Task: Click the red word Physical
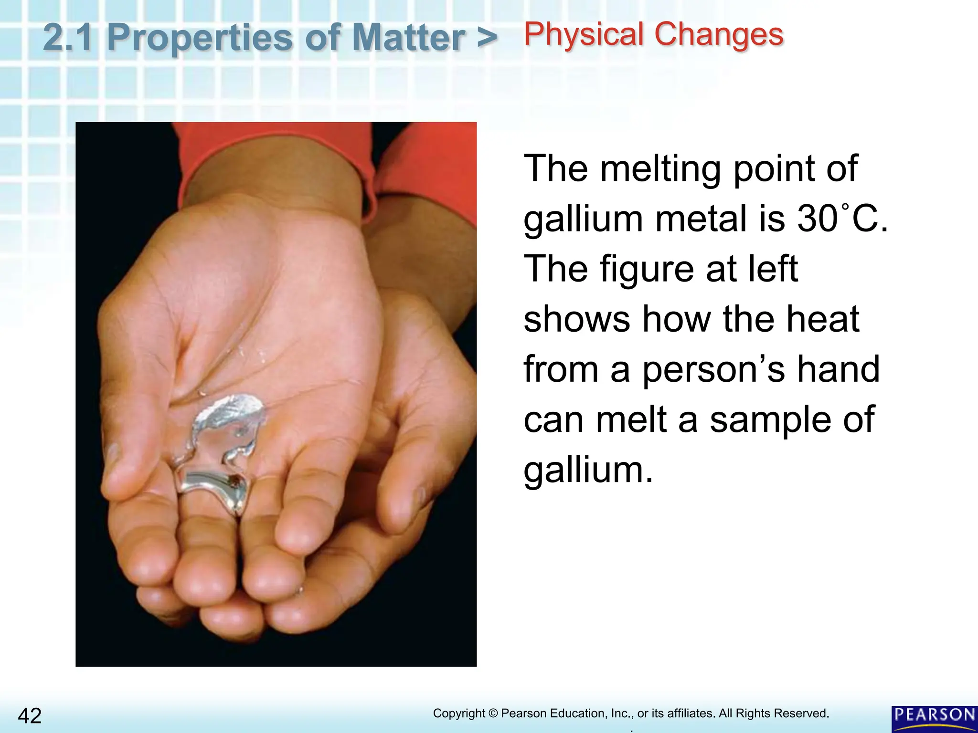coord(583,34)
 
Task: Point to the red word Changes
coord(719,34)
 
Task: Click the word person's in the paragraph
coord(713,369)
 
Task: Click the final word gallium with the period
coord(588,470)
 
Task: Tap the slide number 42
coord(30,716)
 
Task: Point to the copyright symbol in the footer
coord(493,713)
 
